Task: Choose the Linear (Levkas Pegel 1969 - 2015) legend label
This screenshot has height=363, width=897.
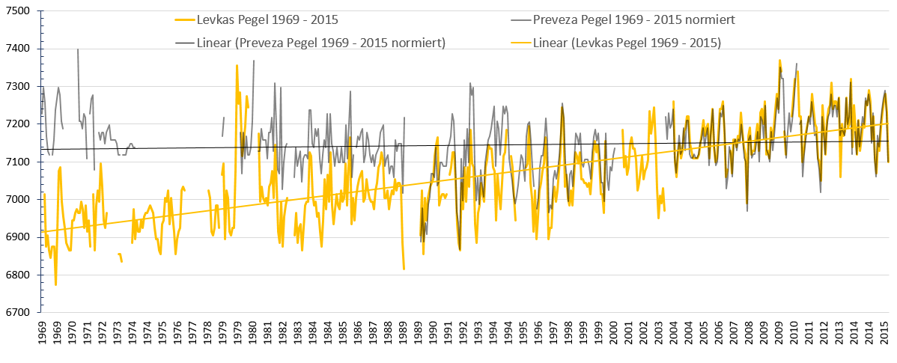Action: tap(627, 43)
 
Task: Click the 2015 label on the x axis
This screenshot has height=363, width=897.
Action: tap(884, 335)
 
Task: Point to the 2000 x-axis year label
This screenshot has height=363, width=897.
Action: tap(614, 335)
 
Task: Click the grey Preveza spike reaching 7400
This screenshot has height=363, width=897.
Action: tap(78, 50)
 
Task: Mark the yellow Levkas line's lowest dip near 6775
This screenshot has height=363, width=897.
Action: tap(55, 284)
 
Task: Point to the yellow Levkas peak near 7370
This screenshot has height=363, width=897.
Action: tap(779, 61)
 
